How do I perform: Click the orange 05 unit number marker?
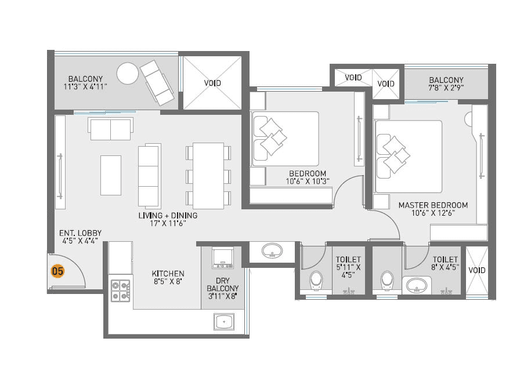(57, 270)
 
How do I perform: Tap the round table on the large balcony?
(127, 74)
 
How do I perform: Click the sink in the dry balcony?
(223, 321)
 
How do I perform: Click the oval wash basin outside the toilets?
(271, 252)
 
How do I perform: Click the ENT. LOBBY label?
(74, 238)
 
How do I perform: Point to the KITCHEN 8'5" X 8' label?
(168, 278)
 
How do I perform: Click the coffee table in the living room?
(111, 175)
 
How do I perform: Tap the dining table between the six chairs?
(208, 175)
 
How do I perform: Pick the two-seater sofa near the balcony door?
(110, 129)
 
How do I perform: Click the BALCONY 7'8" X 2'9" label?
(446, 84)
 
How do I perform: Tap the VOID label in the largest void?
(212, 83)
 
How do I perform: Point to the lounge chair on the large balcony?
(157, 81)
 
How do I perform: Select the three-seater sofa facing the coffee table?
(148, 175)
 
